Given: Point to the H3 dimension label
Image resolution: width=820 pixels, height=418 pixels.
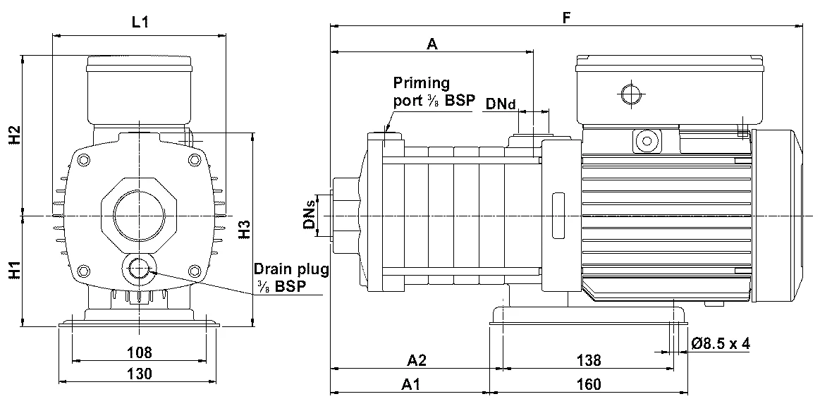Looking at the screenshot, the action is point(245,229).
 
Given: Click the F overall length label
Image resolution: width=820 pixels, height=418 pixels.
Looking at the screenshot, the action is point(566,17).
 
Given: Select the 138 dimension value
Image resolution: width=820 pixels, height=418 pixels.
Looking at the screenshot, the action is point(589,360).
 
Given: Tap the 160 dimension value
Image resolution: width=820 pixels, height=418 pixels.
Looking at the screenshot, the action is point(589,385).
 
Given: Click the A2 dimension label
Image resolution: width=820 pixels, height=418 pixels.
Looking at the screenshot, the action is point(417,360).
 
